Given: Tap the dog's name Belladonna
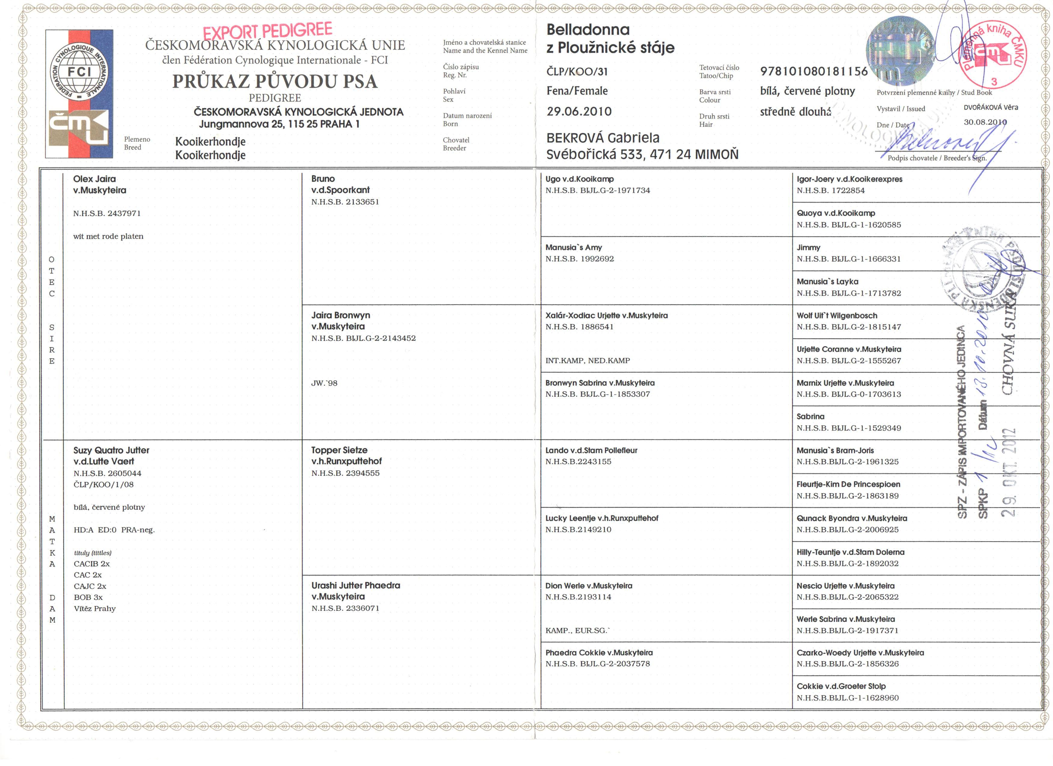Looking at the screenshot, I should point(588,30).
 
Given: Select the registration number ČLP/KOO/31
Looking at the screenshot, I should point(577,71).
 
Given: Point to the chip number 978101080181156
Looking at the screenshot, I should point(813,71).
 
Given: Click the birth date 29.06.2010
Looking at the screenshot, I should point(579,111).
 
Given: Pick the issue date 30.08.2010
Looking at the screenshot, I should point(985,122).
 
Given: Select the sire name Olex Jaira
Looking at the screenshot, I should point(94,179).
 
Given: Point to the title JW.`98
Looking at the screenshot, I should point(324,383).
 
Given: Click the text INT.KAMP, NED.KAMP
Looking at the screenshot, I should point(587,360).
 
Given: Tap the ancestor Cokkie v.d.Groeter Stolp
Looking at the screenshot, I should point(841,686).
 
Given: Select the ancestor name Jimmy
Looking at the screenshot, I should point(808,248).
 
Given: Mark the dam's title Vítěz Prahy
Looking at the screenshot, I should point(95,608).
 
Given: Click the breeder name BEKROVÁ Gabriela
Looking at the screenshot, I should point(603,138).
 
